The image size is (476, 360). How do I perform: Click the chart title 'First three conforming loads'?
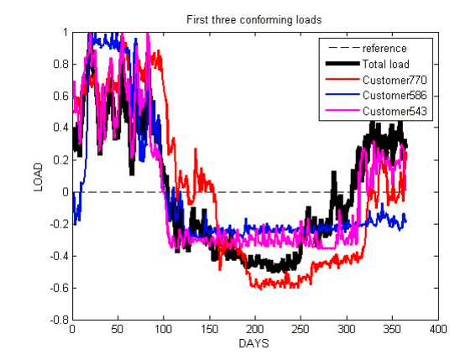coord(254,18)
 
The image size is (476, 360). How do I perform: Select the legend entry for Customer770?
coord(395,80)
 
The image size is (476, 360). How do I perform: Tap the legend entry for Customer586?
coord(395,95)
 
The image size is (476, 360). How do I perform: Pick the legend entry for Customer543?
coord(395,111)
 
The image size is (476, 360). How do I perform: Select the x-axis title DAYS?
coord(254,344)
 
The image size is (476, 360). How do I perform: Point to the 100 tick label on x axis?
coord(164,330)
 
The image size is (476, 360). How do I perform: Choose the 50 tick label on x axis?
coord(118,330)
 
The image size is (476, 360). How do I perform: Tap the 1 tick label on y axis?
coord(65,33)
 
